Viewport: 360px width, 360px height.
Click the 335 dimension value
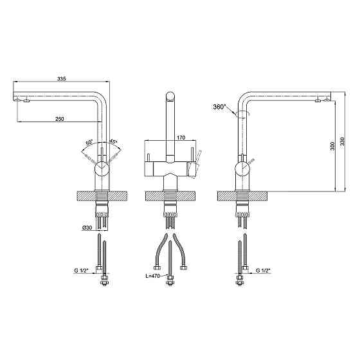[x=62, y=78]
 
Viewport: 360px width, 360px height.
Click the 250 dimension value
[x=60, y=119]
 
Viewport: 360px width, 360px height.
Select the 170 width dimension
[x=181, y=138]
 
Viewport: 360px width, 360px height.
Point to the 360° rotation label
[x=219, y=107]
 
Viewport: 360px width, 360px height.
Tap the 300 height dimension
[x=332, y=146]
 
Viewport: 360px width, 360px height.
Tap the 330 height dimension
[x=342, y=141]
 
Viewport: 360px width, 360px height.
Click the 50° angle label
[x=89, y=142]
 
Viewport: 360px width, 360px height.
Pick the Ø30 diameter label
[x=87, y=228]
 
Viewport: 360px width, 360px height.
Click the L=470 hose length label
[x=153, y=276]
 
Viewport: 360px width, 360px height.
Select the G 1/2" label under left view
[x=82, y=271]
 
